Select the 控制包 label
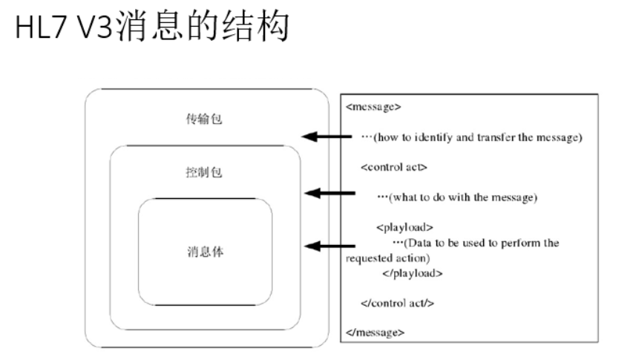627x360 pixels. point(206,173)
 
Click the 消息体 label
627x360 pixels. point(206,252)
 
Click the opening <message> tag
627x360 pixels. point(373,106)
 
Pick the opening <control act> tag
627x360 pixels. point(393,166)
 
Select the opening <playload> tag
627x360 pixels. point(404,227)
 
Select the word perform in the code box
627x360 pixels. point(517,243)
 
